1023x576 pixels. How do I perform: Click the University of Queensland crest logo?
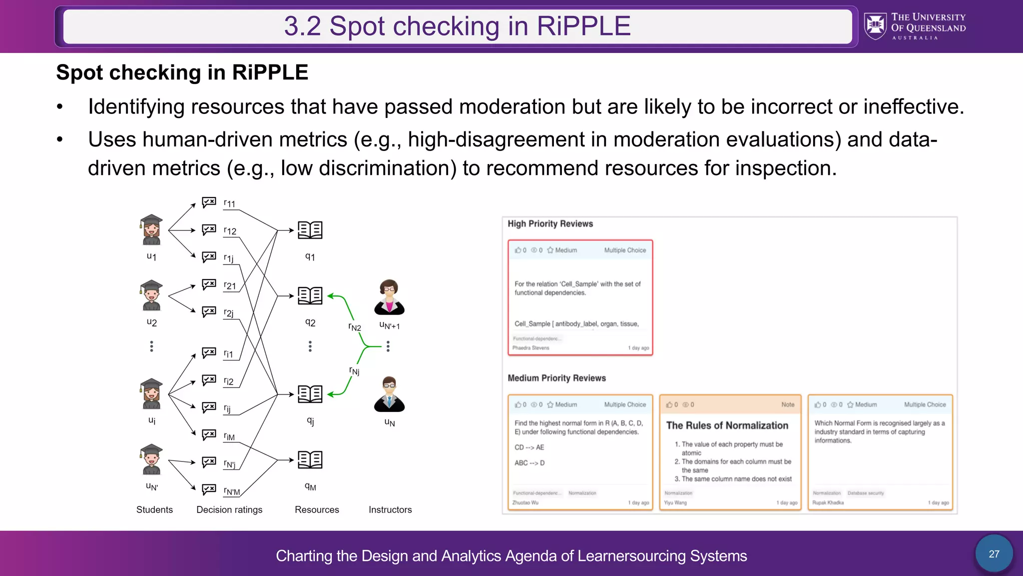[x=875, y=26]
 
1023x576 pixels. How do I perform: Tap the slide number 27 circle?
[x=994, y=553]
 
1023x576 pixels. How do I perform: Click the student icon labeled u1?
[x=151, y=230]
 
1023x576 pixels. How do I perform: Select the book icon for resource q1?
[x=310, y=230]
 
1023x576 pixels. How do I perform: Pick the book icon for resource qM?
[x=310, y=459]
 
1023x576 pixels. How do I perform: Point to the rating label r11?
[x=229, y=203]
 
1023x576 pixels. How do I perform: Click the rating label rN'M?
[x=232, y=491]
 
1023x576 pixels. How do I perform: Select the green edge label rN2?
[x=355, y=327]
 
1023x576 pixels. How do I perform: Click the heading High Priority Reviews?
[x=550, y=223]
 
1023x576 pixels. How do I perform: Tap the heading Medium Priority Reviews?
[x=556, y=378]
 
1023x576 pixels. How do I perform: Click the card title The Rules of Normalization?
[x=727, y=425]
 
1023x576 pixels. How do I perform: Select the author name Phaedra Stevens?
[x=530, y=348]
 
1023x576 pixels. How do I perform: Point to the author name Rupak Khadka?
[x=828, y=502]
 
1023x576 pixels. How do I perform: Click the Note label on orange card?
[x=787, y=404]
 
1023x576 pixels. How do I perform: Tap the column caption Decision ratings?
[x=229, y=509]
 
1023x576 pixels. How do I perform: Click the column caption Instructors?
[x=390, y=509]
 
